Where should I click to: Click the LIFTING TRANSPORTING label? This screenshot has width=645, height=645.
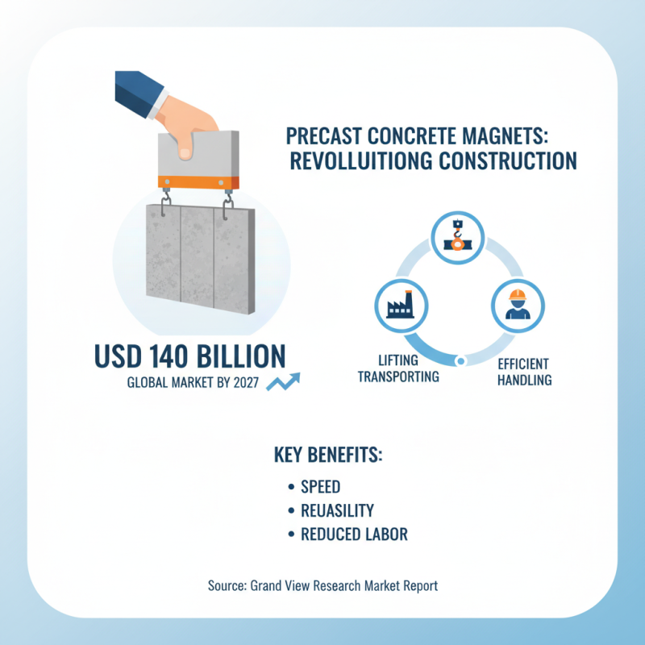pyautogui.click(x=397, y=368)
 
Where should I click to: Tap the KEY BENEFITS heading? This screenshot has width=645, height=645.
pyautogui.click(x=328, y=456)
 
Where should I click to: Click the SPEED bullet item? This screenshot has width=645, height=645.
pyautogui.click(x=320, y=487)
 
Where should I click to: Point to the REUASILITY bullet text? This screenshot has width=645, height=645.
pyautogui.click(x=336, y=510)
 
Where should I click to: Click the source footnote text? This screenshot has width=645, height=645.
pyautogui.click(x=322, y=585)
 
